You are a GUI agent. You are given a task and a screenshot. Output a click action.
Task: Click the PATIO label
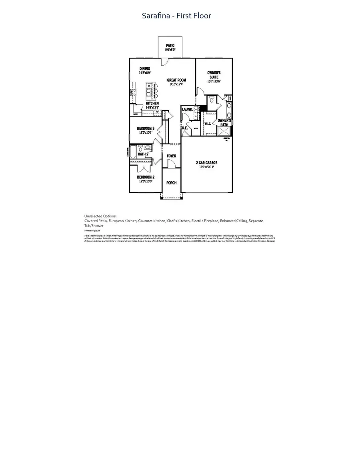(x=170, y=46)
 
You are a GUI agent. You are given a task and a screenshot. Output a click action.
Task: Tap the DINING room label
(x=144, y=68)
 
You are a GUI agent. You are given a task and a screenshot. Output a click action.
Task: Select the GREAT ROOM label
(x=176, y=80)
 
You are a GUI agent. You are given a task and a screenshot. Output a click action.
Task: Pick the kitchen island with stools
(x=152, y=93)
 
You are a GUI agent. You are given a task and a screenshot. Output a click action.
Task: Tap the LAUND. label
(x=188, y=109)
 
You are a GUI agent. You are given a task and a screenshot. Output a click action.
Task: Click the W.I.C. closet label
(x=208, y=124)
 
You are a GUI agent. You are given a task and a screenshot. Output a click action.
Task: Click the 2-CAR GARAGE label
(x=206, y=163)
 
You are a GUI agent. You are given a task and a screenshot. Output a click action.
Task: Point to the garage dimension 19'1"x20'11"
(x=206, y=167)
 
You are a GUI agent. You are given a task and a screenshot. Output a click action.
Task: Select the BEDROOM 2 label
(x=146, y=177)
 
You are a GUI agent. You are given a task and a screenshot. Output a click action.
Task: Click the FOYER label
(x=171, y=156)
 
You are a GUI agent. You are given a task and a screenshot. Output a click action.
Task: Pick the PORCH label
(x=171, y=183)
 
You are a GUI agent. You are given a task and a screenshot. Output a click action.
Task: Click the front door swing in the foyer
(x=171, y=164)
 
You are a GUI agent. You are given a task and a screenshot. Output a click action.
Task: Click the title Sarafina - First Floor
(x=176, y=16)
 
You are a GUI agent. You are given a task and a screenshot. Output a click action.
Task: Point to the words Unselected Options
(x=100, y=216)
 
